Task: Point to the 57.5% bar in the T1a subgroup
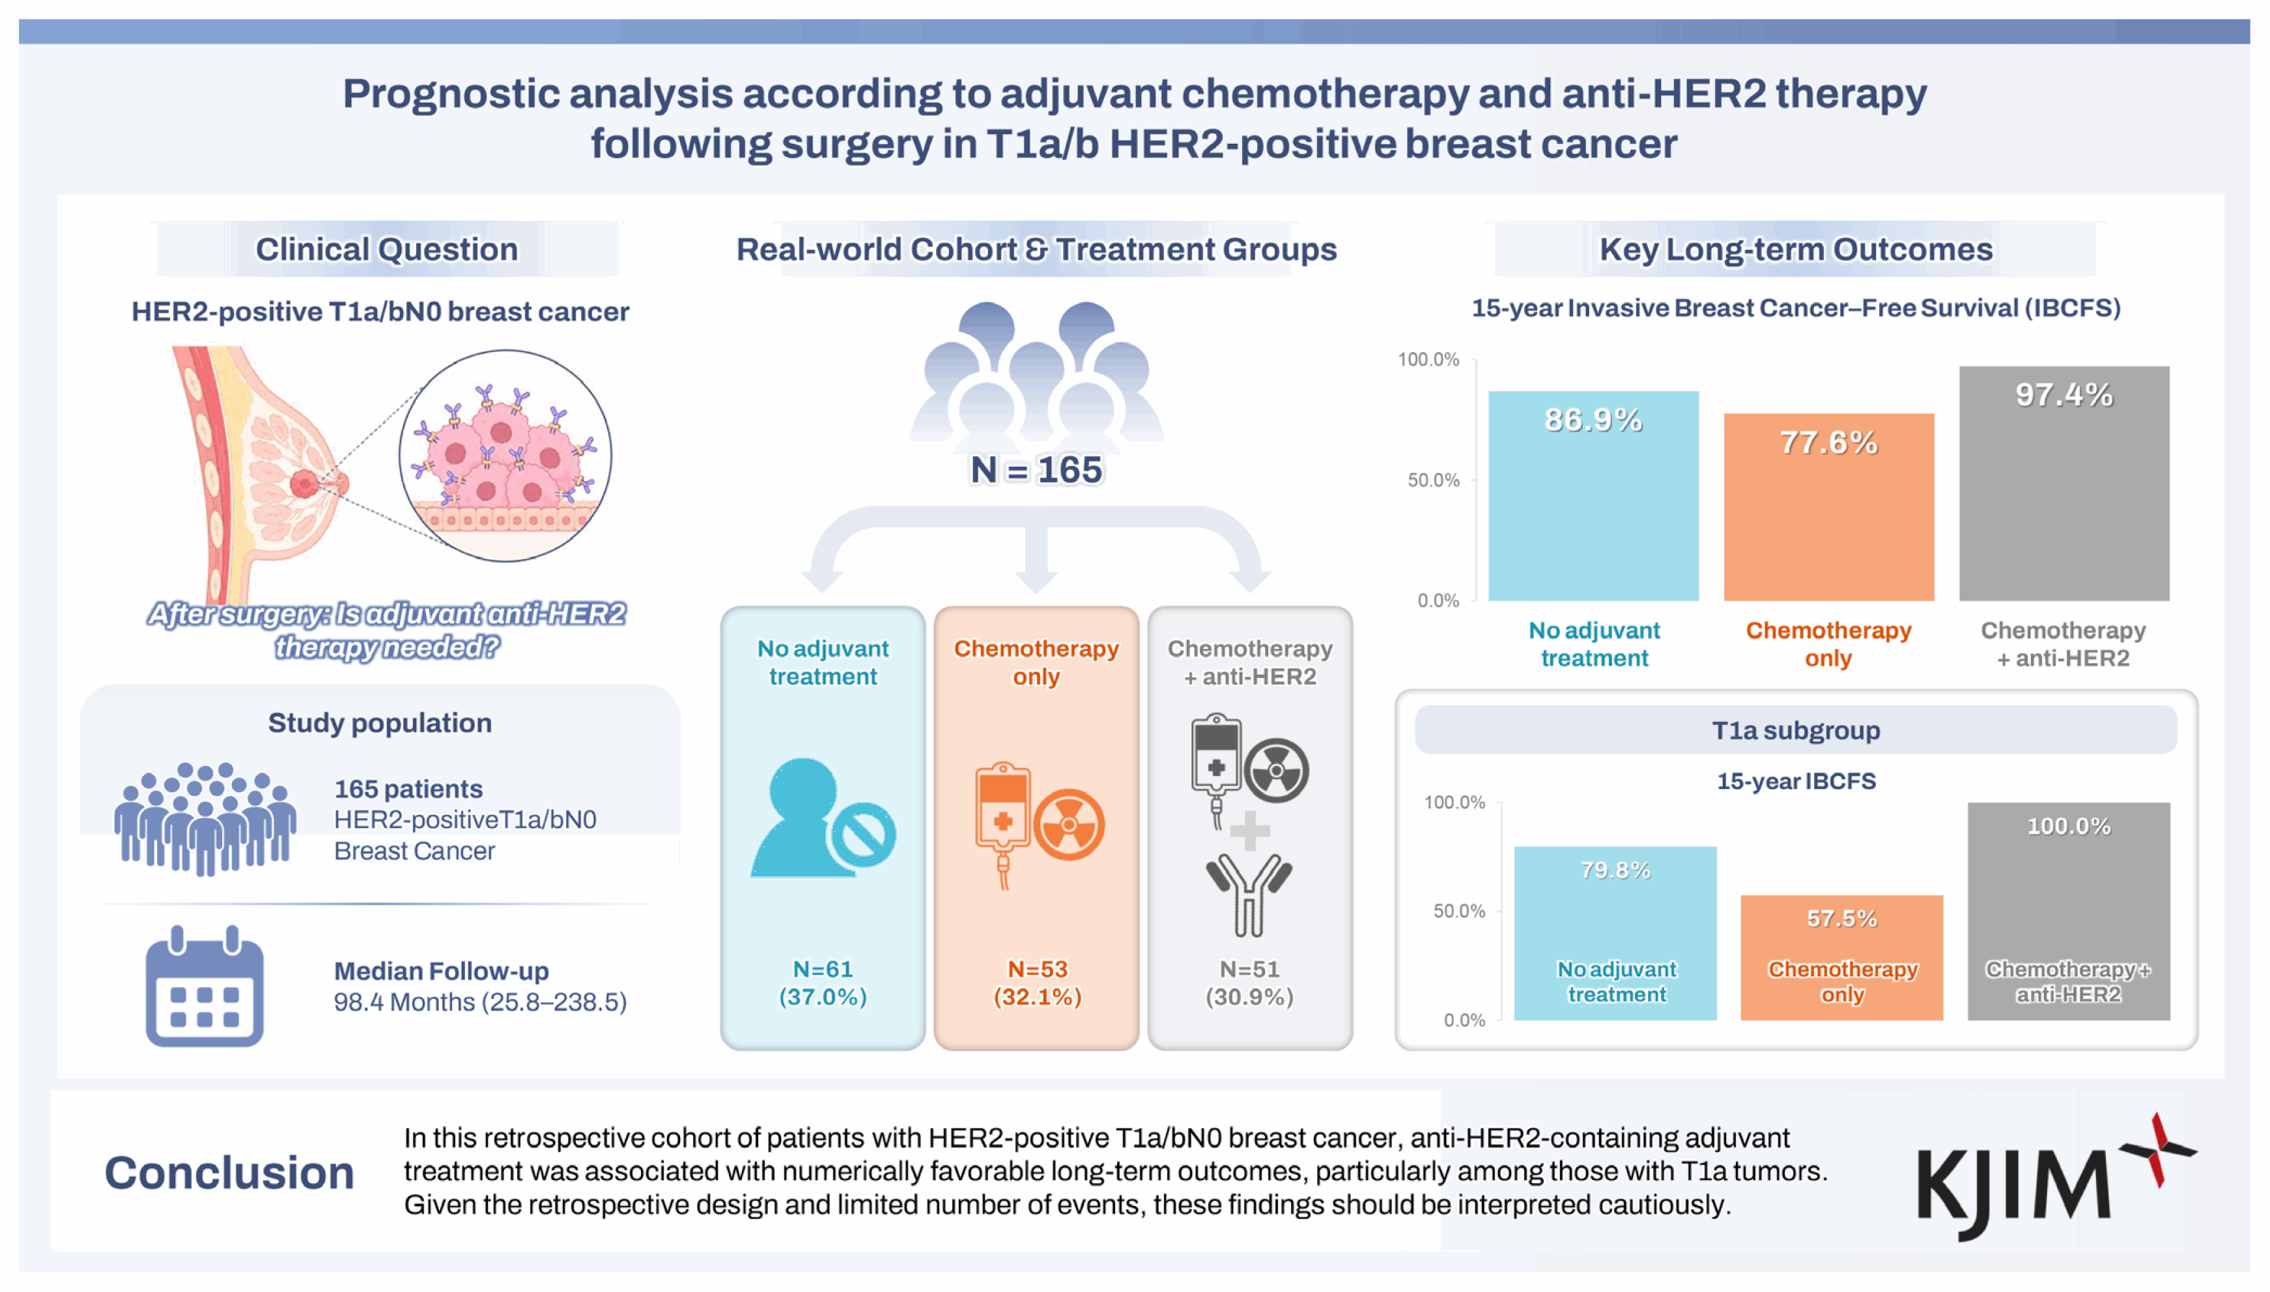tap(1841, 957)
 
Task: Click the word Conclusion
tap(229, 1172)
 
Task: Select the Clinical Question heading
tap(386, 249)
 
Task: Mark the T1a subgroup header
tap(1795, 730)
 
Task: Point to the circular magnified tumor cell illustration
tap(505, 455)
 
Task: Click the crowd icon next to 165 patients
tap(205, 818)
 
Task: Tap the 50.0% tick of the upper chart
tap(1433, 480)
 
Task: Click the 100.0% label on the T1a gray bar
tap(2069, 826)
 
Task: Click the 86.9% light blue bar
tap(1593, 496)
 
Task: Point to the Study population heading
tap(379, 723)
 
